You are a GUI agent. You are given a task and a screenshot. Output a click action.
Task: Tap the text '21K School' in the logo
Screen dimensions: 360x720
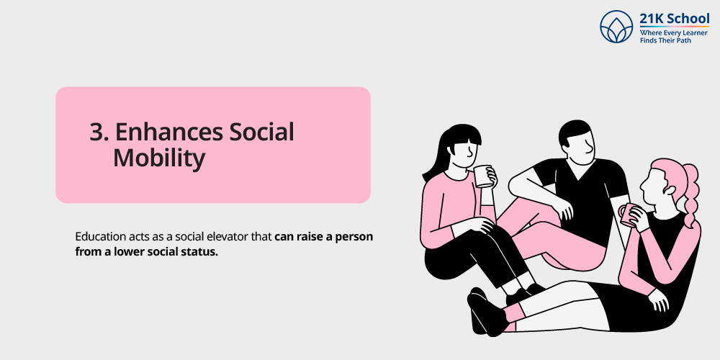point(674,19)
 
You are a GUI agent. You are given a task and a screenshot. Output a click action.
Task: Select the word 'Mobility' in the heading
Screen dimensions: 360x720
point(158,158)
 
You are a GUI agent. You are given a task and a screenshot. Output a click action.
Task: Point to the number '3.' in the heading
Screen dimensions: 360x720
point(99,132)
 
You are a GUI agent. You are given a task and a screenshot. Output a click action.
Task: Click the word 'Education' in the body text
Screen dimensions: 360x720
point(100,237)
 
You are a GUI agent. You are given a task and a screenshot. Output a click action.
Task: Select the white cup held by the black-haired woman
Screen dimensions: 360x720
point(482,176)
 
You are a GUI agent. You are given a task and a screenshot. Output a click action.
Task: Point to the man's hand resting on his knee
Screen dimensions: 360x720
point(565,209)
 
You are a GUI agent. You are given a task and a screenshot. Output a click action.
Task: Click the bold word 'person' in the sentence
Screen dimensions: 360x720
point(356,237)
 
